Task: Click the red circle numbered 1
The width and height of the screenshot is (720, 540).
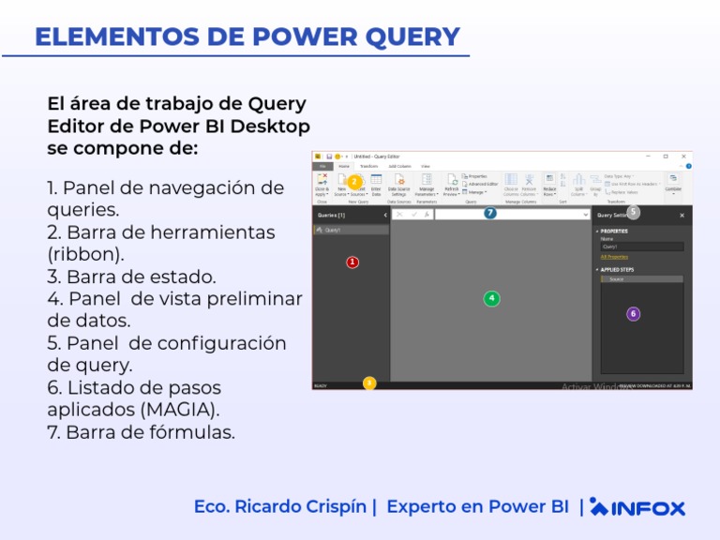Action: point(352,262)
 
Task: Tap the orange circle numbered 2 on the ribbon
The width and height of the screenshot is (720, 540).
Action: point(354,182)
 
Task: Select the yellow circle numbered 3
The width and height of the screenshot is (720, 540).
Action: point(369,382)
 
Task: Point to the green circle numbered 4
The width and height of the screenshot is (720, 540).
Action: point(491,298)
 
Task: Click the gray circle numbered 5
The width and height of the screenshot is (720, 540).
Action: point(634,212)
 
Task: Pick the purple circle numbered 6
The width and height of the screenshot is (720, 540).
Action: point(633,314)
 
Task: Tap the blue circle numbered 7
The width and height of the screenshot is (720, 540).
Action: point(489,214)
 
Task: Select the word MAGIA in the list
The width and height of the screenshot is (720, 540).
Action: point(179,410)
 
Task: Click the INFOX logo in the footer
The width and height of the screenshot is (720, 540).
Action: point(638,507)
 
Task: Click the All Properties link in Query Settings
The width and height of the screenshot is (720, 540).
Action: point(614,256)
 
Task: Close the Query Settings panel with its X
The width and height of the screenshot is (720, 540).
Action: point(682,216)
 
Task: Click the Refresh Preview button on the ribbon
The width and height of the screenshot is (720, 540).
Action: point(452,185)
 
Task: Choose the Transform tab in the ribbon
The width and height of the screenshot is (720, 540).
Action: point(369,166)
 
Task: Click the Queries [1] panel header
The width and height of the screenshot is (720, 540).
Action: point(333,215)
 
